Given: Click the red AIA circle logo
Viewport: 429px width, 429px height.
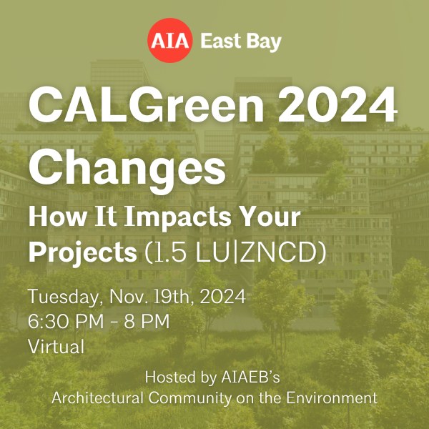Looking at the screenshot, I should tap(170, 40).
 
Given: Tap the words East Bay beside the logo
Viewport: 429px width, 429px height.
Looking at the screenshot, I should tap(240, 41).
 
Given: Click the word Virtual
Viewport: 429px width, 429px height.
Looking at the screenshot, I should tap(56, 347).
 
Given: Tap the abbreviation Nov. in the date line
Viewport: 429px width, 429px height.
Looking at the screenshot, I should tap(132, 296).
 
